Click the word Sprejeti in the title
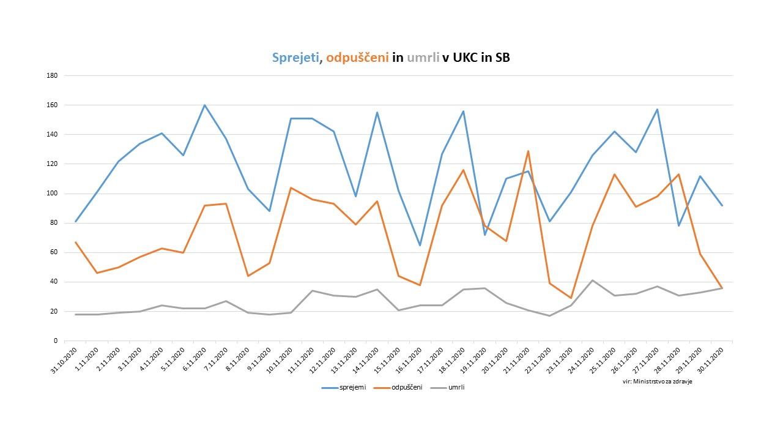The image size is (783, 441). click(x=295, y=58)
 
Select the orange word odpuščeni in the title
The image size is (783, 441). click(x=357, y=58)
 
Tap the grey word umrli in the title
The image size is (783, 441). click(x=422, y=58)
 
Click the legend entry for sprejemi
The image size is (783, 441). click(x=353, y=388)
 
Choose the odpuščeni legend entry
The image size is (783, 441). click(x=407, y=388)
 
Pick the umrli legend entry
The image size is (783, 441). click(x=456, y=388)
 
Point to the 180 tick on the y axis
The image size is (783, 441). click(x=52, y=76)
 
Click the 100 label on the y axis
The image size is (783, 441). click(x=52, y=194)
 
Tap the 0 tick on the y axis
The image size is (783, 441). click(x=55, y=341)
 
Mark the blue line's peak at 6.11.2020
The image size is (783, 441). click(x=204, y=105)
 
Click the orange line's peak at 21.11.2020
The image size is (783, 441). click(x=528, y=151)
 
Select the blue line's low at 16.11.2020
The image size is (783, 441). click(x=420, y=245)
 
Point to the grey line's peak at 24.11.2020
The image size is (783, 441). click(x=592, y=281)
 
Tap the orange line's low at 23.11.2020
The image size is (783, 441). click(x=571, y=298)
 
